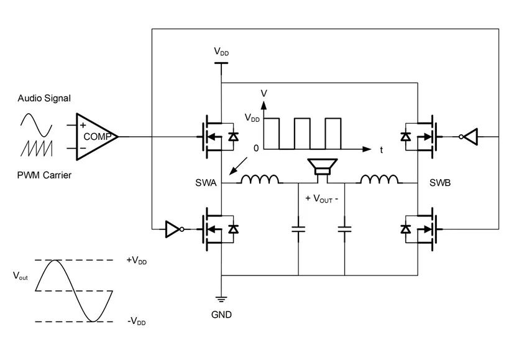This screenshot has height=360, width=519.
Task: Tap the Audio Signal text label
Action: tap(45, 98)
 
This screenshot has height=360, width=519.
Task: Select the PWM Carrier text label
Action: tap(44, 175)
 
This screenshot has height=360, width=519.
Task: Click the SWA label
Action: tap(206, 183)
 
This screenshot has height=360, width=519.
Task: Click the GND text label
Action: tap(221, 315)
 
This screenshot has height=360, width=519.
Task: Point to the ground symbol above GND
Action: tap(221, 300)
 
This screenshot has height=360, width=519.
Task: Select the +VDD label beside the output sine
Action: tap(136, 261)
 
